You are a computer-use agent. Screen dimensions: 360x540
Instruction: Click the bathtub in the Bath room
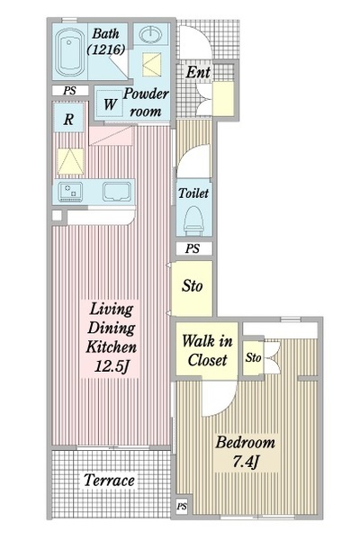coord(71,53)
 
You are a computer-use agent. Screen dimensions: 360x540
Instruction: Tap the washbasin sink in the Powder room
coord(150,34)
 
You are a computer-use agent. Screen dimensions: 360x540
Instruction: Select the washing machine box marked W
coord(110,103)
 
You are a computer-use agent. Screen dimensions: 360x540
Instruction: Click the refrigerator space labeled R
coord(69,119)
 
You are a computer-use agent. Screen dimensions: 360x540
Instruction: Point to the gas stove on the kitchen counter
coord(70,192)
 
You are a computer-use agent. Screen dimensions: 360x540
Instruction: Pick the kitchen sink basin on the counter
coord(117,192)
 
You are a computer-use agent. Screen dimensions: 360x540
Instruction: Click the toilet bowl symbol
coord(193,220)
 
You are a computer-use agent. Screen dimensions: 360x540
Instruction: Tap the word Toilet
coord(193,193)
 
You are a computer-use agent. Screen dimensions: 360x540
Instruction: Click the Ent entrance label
coord(198,72)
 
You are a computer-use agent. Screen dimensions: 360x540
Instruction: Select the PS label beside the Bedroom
coord(182,506)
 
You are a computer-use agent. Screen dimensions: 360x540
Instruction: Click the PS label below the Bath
coord(69,91)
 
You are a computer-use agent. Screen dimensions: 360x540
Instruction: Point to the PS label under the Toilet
coord(193,248)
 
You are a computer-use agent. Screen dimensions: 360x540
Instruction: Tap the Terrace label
coord(109,480)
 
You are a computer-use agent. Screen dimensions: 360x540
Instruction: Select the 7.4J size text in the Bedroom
coord(246,462)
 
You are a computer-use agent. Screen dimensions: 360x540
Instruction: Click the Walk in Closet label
coord(207,350)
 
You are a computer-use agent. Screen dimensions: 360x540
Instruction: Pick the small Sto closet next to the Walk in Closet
coord(253,358)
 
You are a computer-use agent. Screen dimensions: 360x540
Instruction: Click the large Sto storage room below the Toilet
coord(193,288)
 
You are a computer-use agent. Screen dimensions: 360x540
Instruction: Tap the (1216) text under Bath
coord(106,49)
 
